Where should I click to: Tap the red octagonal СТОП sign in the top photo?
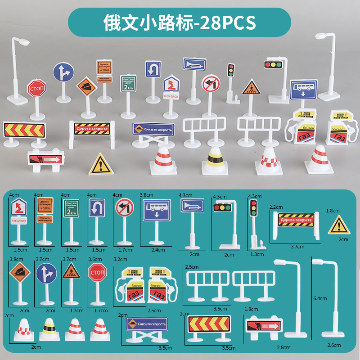pos(36,88)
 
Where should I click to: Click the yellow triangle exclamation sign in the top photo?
pos(100,164)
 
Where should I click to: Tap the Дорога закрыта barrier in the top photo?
pos(91,129)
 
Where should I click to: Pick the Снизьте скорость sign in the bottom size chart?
pos(146,324)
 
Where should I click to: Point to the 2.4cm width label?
pos(157,249)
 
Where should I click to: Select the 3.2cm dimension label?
pos(120,260)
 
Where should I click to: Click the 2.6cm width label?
pos(334,345)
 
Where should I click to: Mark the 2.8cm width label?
pos(284,347)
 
